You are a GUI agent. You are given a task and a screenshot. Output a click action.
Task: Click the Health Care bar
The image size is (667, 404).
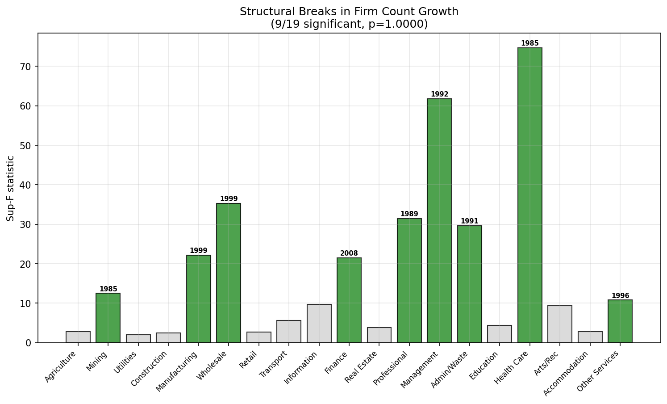[529, 195]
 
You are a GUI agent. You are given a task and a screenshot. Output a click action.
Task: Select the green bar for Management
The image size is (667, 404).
[439, 221]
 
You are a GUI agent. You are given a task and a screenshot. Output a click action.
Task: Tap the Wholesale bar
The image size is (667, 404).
[229, 273]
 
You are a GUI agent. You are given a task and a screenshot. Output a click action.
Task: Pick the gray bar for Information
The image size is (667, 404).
[319, 324]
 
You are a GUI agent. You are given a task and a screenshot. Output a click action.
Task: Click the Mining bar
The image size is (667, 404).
[108, 318]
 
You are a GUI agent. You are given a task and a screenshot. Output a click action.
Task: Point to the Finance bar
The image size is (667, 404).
[349, 300]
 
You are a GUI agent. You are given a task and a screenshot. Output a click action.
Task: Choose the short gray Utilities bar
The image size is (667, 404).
[138, 339]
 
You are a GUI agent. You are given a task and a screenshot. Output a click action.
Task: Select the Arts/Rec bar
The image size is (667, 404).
[560, 324]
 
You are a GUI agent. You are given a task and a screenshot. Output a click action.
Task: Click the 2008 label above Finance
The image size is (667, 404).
[349, 253]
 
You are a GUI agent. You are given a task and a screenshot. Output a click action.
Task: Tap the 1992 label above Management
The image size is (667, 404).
[439, 94]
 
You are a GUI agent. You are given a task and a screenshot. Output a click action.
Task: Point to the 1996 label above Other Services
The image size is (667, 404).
[620, 295]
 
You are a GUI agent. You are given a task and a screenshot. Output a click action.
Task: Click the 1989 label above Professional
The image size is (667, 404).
[409, 214]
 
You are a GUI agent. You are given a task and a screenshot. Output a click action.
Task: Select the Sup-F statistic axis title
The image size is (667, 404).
[10, 188]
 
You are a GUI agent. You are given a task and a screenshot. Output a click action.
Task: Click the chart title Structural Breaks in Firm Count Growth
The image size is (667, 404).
[349, 12]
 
